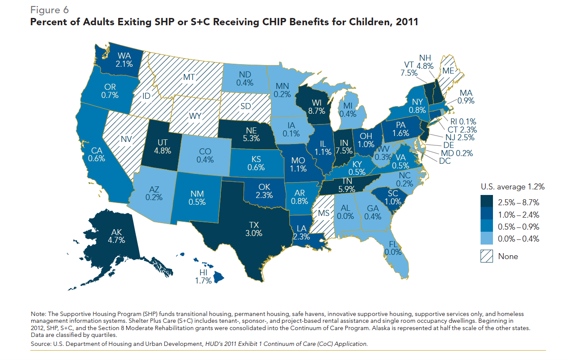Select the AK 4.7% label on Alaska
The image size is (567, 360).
(x=116, y=236)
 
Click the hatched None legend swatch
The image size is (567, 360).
(x=487, y=257)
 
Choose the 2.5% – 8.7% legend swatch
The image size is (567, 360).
(x=487, y=202)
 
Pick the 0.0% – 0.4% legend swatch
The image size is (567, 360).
(x=487, y=239)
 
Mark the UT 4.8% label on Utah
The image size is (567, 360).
(x=163, y=146)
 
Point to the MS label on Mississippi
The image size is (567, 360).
(x=323, y=213)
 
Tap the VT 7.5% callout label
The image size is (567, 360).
(x=410, y=69)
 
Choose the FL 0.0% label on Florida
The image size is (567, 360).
(x=394, y=248)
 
